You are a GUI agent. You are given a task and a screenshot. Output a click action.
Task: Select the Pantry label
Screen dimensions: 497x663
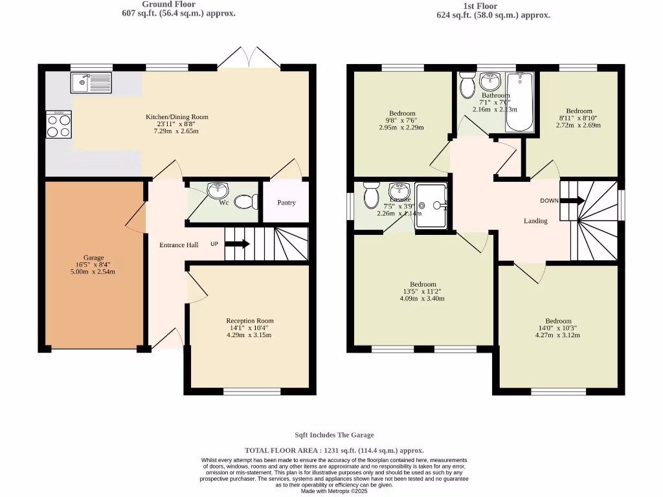[286, 203]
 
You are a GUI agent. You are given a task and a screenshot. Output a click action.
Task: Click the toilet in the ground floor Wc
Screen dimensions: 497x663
[245, 202]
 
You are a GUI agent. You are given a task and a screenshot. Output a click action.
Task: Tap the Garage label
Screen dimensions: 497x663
[93, 258]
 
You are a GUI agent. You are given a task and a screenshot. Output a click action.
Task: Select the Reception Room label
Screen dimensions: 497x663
[249, 320]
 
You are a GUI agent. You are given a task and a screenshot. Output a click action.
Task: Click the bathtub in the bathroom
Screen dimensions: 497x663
[520, 101]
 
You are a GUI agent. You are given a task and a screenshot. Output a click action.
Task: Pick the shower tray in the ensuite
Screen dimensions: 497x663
[431, 206]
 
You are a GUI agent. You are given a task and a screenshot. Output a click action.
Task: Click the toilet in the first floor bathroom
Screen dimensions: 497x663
[467, 84]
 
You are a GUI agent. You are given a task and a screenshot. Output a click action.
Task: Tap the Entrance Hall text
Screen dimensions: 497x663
[179, 245]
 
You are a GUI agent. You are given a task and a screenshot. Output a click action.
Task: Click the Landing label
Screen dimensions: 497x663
[535, 221]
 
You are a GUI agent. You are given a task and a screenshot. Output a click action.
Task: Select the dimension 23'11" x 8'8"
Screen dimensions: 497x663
[177, 124]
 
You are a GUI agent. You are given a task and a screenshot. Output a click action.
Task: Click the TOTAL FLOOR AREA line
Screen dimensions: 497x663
[334, 450]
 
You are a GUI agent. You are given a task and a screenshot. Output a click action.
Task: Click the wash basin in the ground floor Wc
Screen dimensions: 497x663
[218, 191]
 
